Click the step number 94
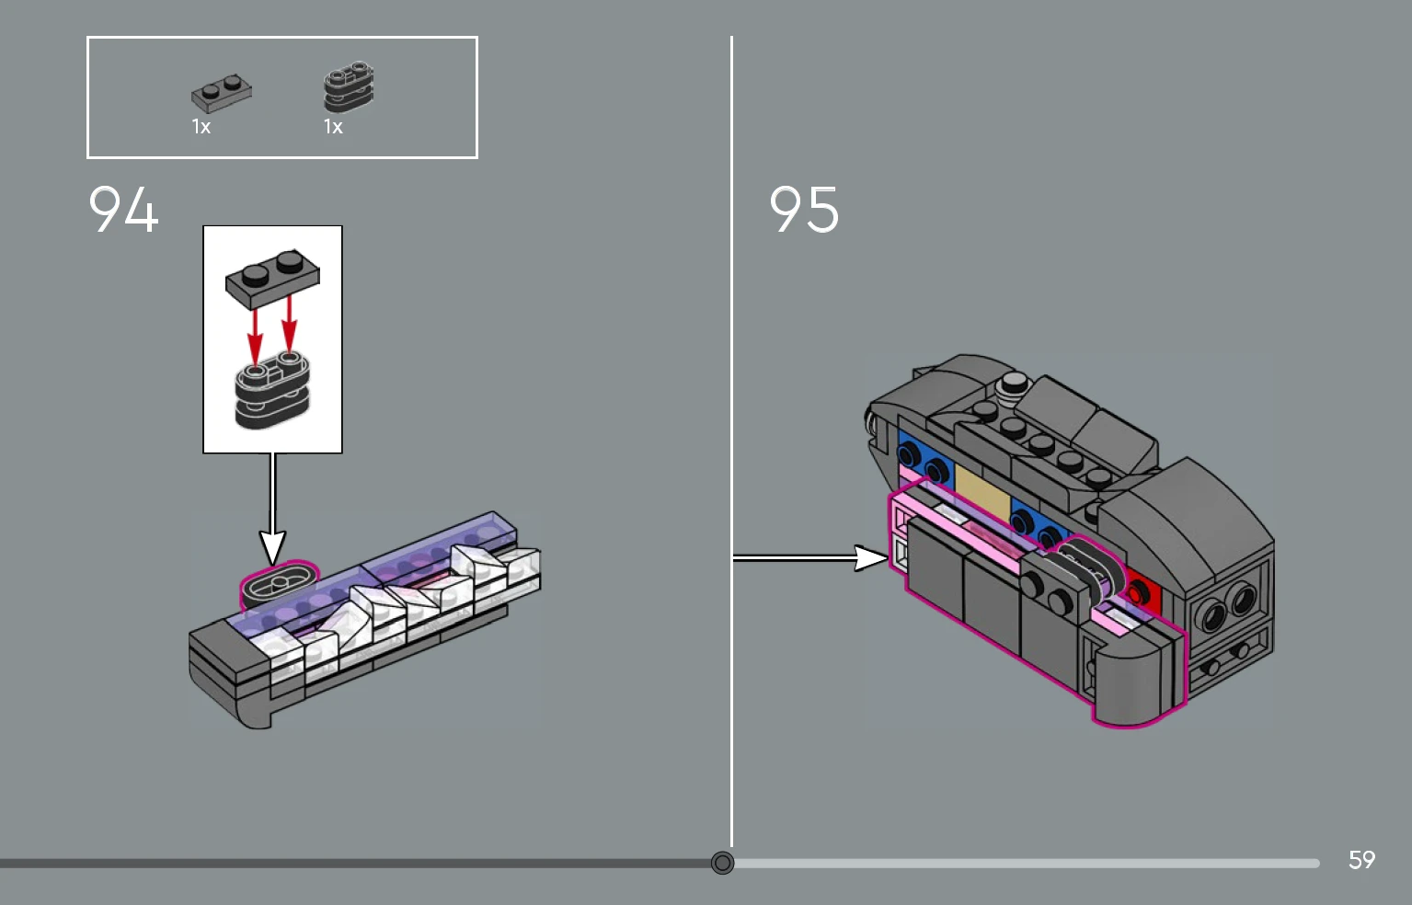click(123, 209)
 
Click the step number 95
click(804, 209)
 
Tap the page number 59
click(1361, 860)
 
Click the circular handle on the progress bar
click(722, 863)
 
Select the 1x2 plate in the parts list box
click(222, 93)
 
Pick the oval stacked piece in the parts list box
click(349, 86)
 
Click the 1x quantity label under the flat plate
click(201, 127)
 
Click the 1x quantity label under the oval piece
click(334, 127)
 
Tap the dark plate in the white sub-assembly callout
click(272, 278)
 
